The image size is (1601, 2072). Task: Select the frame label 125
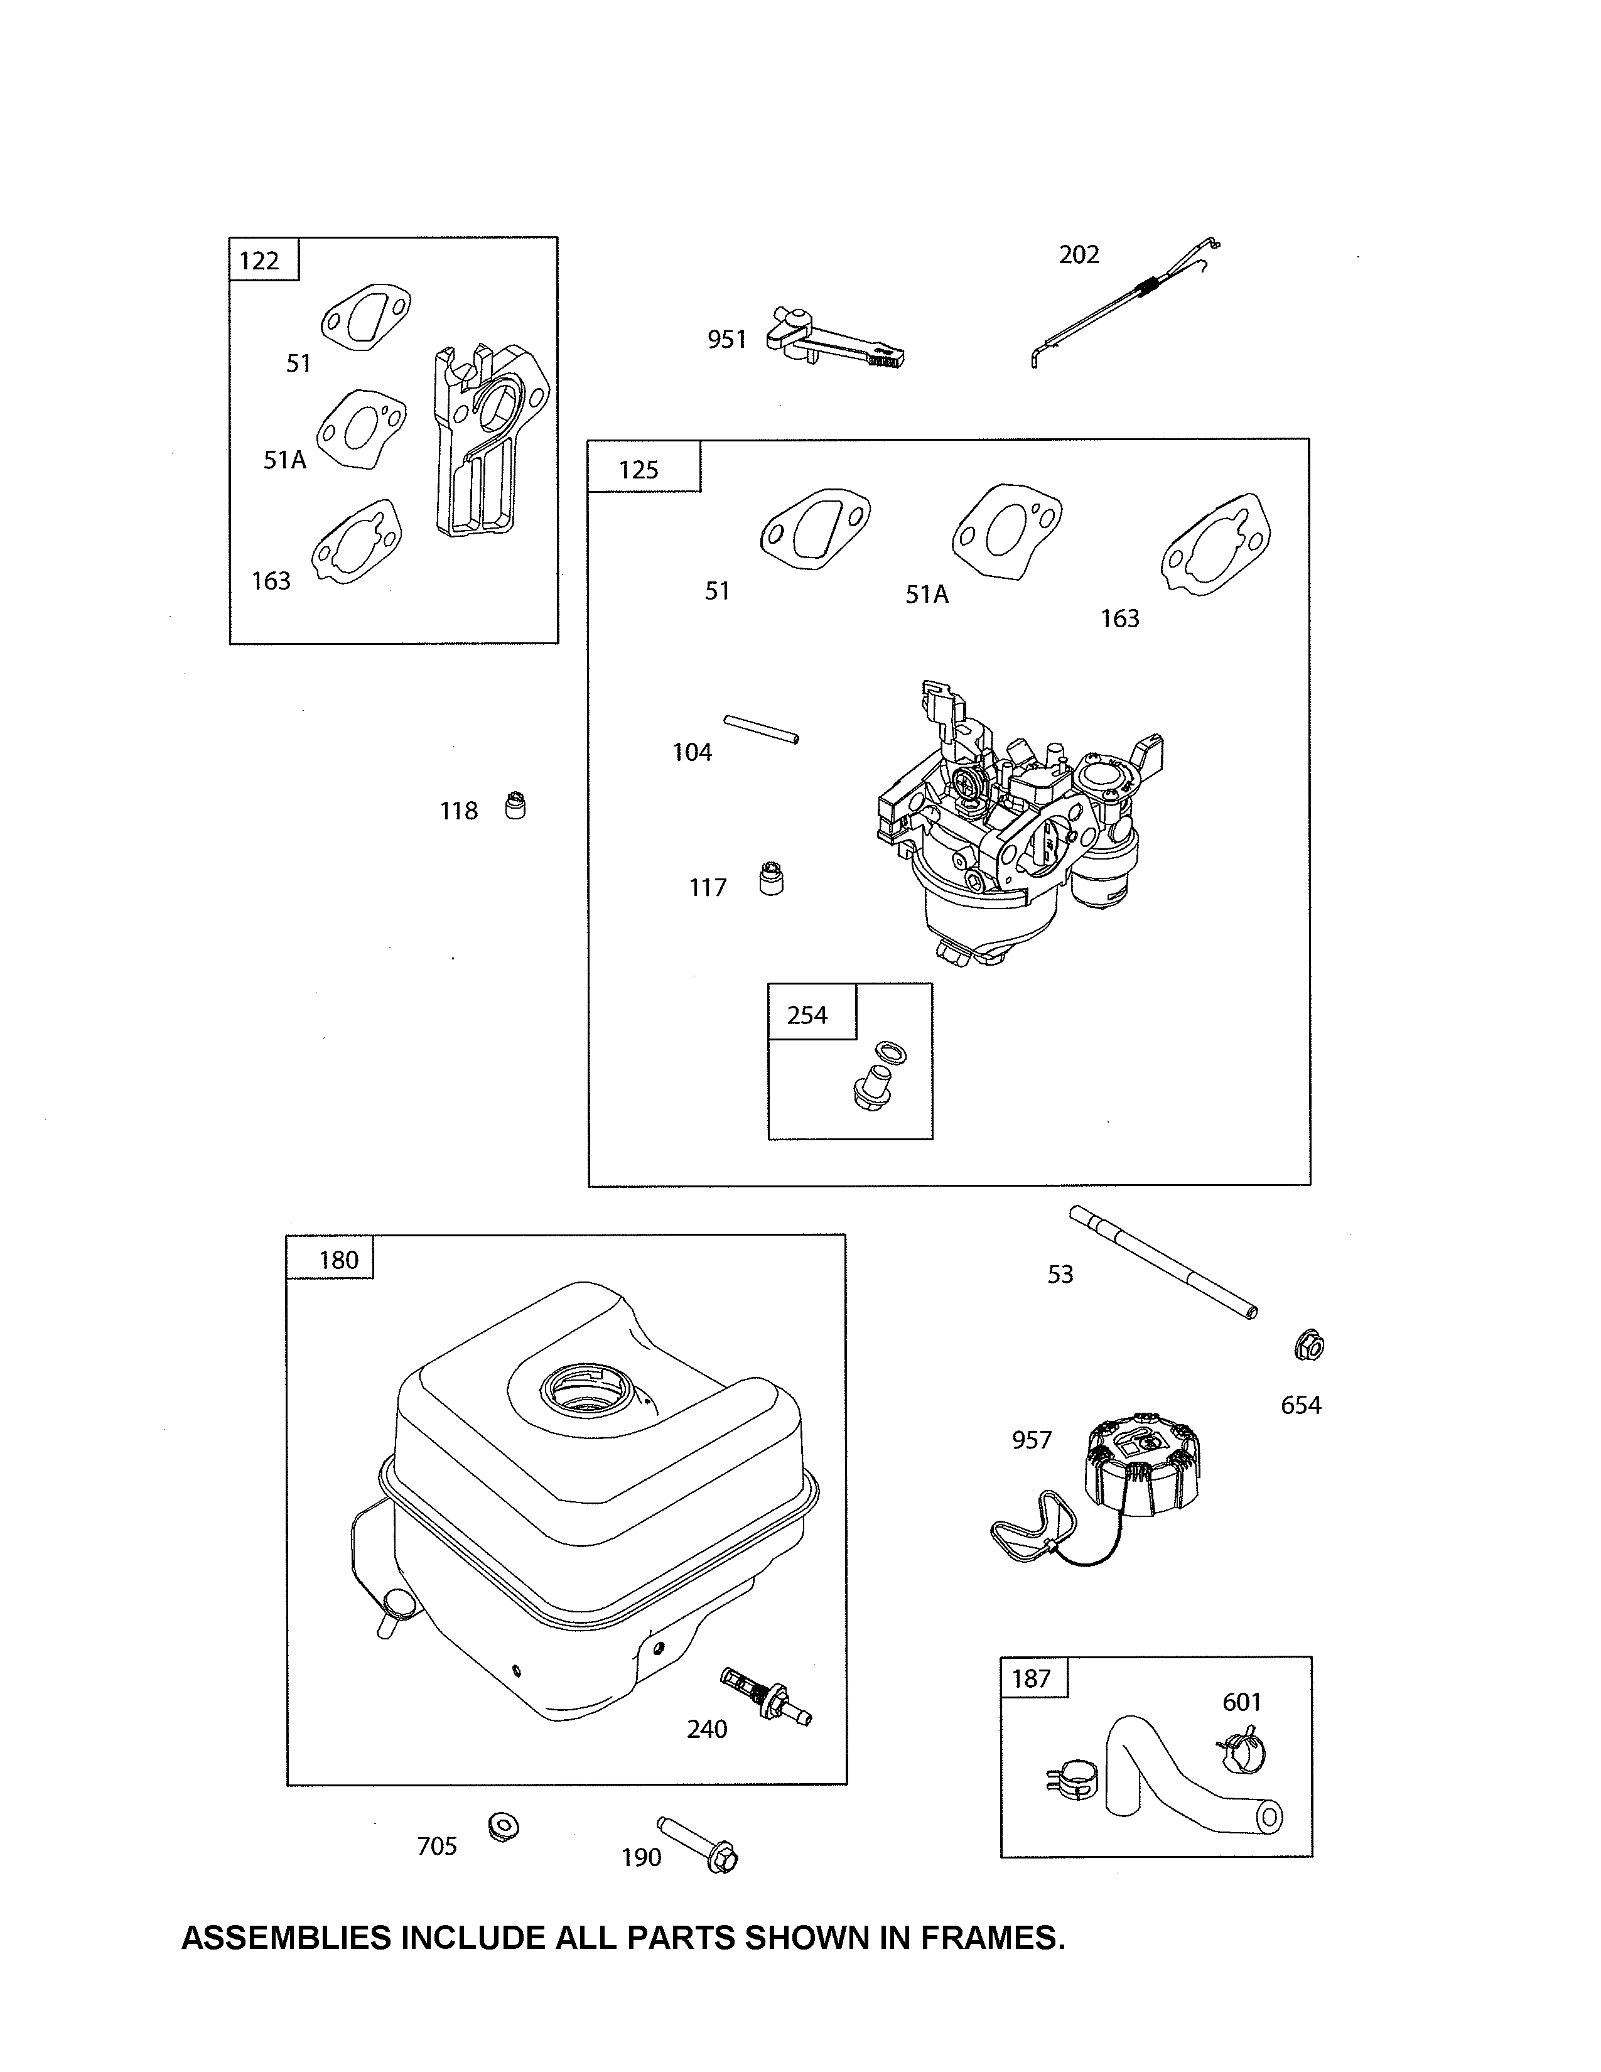(639, 470)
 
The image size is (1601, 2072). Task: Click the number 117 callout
(708, 888)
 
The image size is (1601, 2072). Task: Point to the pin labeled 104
(762, 730)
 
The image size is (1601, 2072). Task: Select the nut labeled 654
(1309, 1346)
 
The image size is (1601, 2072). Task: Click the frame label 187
(1031, 1678)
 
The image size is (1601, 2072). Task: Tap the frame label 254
(807, 1015)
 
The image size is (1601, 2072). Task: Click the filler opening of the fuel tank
(588, 1392)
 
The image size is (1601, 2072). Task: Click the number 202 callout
(1079, 254)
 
